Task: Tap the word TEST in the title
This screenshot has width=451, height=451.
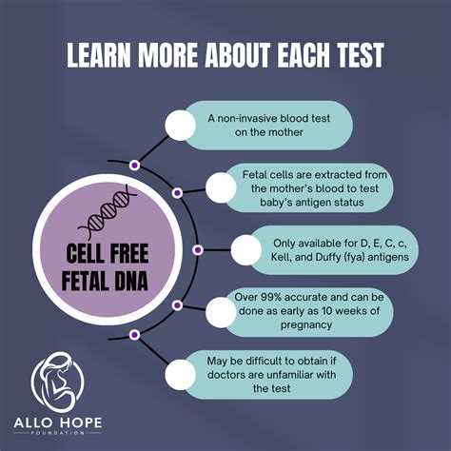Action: (x=356, y=56)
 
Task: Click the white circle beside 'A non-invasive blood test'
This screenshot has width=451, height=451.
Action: (x=180, y=125)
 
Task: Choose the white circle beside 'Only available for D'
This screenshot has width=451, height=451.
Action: (x=247, y=250)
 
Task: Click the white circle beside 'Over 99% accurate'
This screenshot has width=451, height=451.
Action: (x=222, y=311)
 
